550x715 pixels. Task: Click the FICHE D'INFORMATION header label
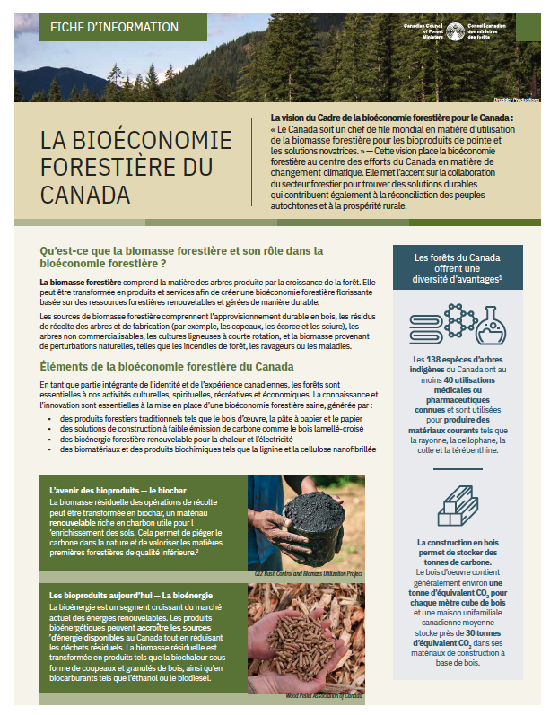(x=101, y=26)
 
